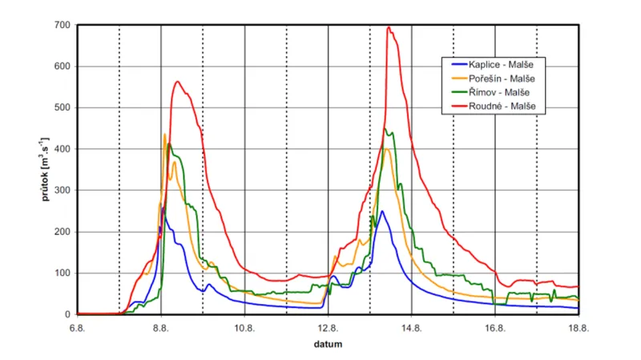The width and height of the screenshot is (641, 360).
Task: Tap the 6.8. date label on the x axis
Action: (77, 328)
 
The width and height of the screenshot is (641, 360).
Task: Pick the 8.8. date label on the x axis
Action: (161, 328)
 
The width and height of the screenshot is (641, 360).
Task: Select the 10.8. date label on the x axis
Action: (244, 328)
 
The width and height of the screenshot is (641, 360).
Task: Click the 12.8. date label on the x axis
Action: (328, 328)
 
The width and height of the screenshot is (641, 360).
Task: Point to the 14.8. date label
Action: (412, 328)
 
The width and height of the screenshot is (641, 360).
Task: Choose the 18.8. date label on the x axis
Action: (579, 328)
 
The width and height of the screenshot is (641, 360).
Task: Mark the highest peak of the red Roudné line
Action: (389, 27)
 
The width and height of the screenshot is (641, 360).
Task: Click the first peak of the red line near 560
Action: (177, 81)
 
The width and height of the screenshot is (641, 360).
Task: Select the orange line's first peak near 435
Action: (164, 135)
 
